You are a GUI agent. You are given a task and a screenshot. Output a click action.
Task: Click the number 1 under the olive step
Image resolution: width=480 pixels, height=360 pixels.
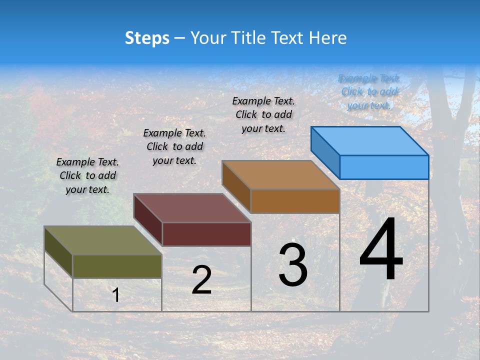(x=116, y=295)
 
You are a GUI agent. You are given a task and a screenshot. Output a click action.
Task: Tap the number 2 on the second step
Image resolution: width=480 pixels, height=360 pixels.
(x=201, y=280)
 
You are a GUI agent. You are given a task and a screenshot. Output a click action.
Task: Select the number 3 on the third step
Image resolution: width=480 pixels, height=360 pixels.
(x=293, y=265)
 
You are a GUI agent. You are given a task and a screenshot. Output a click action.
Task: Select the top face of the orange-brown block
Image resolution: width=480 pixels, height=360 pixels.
(x=280, y=175)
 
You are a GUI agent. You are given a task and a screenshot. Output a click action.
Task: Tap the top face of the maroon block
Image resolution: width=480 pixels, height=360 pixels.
(x=192, y=208)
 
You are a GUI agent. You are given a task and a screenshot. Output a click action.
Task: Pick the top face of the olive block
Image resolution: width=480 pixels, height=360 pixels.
(x=103, y=240)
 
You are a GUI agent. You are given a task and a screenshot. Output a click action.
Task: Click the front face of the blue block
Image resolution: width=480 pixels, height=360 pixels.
(x=384, y=167)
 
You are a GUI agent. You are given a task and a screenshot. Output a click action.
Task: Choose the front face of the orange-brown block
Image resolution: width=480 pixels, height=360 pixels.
(x=295, y=201)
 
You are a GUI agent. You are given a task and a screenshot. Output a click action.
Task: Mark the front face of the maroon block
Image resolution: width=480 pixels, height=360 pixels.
(x=206, y=234)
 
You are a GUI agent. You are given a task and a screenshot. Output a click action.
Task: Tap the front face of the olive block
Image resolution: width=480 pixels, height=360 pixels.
(x=117, y=266)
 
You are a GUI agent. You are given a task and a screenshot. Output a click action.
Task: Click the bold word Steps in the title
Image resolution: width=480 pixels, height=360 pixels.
(x=147, y=38)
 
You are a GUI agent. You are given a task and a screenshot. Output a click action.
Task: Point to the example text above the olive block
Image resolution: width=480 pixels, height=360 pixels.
(x=87, y=175)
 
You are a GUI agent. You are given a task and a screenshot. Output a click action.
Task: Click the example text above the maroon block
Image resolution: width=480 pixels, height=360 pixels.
(x=174, y=146)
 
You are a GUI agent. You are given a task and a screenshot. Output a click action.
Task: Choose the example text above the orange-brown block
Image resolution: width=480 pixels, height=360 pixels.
(x=263, y=114)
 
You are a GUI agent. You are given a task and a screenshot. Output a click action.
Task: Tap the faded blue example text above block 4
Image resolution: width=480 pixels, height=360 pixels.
(x=369, y=92)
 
